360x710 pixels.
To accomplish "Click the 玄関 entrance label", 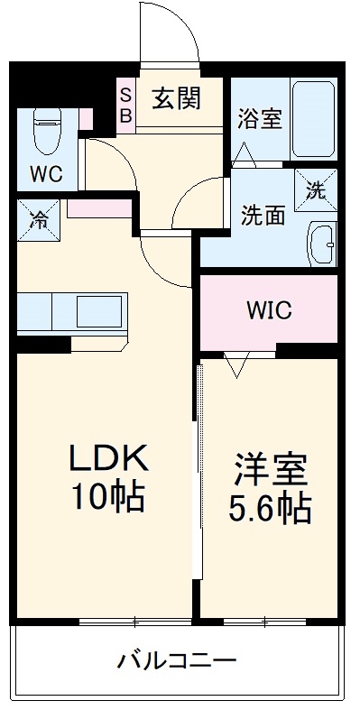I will point(176,97).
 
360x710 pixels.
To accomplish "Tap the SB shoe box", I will point(125,104).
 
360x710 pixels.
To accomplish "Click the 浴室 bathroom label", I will point(259,120).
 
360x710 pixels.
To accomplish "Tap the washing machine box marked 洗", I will point(316,189).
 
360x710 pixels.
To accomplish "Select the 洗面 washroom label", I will point(263,216).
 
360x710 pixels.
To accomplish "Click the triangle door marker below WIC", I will point(236,365).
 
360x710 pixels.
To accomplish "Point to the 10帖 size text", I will point(109,496).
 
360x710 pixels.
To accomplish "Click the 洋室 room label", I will point(270,470).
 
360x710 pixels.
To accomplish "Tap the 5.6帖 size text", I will point(270,509).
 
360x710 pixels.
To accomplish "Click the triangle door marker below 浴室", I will point(244,153).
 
